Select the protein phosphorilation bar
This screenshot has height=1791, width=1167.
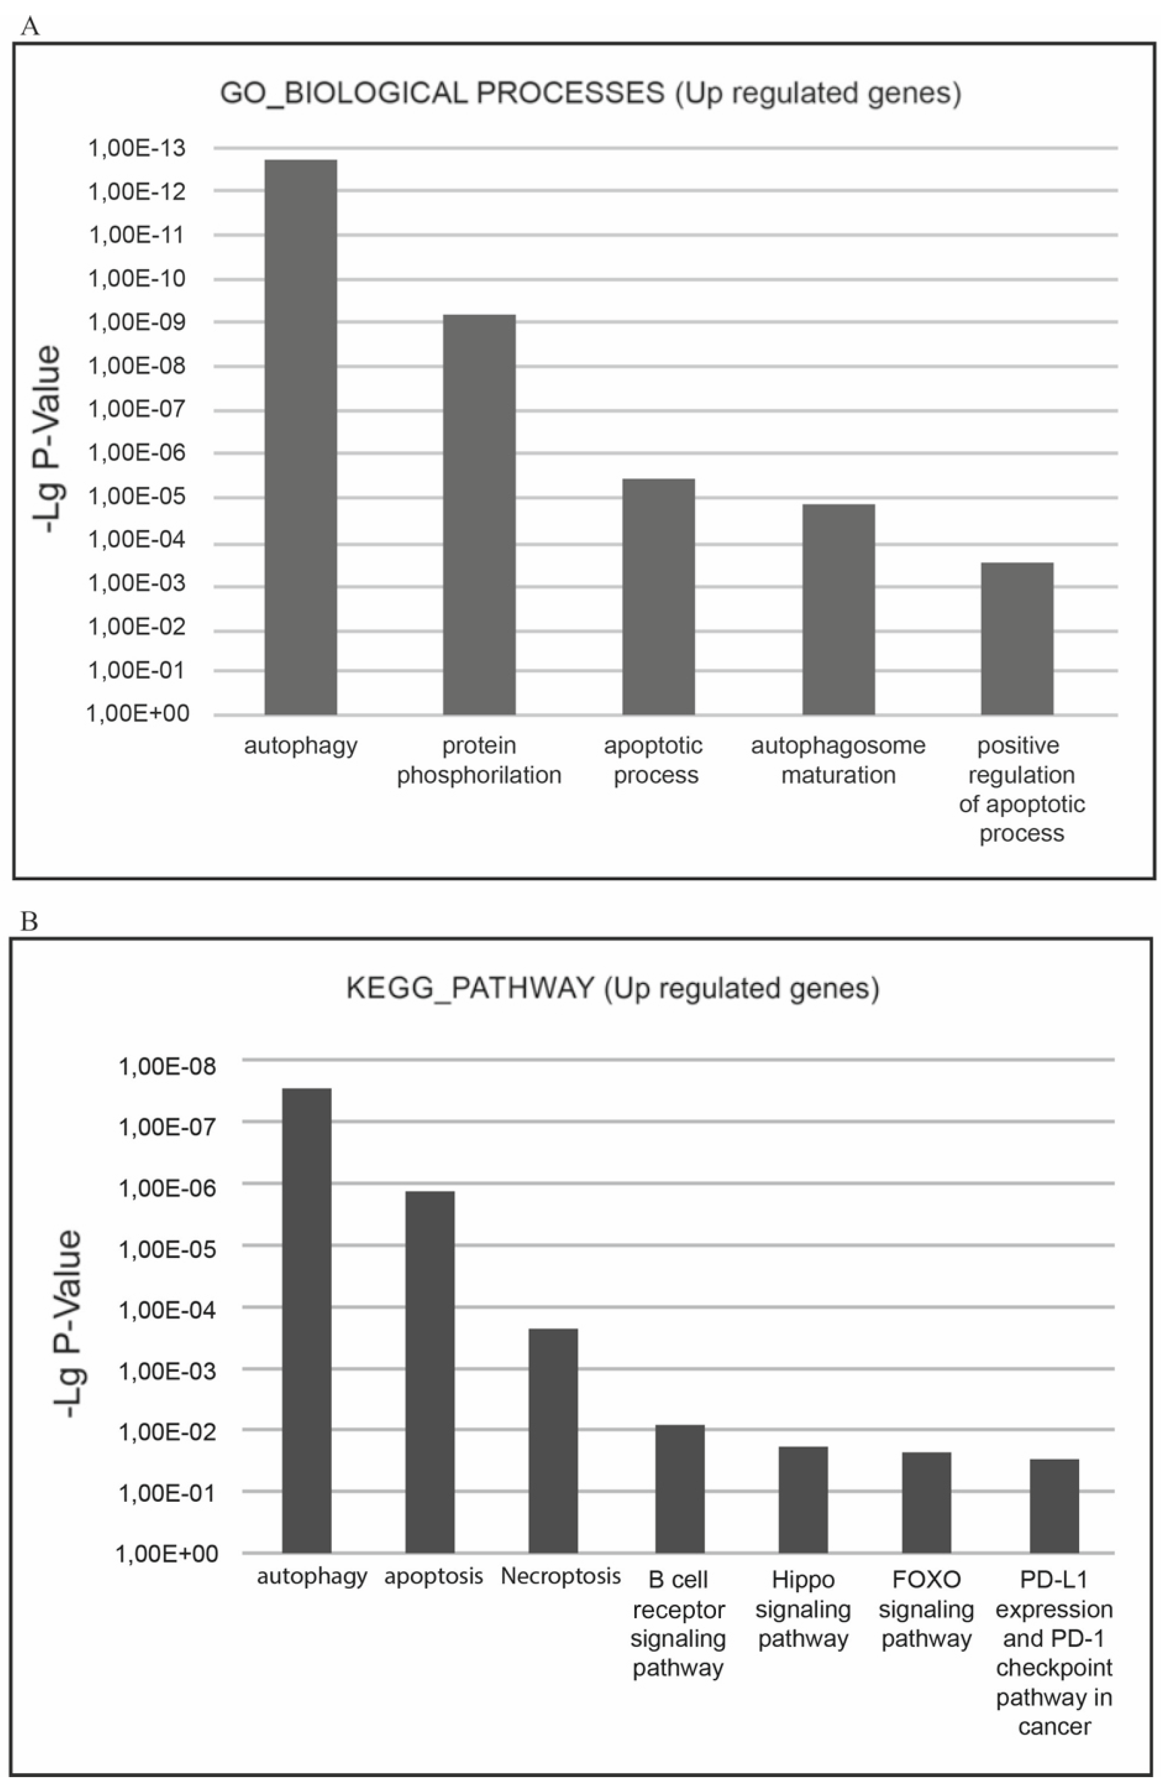(x=479, y=514)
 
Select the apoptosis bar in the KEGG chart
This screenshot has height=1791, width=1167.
(x=429, y=1372)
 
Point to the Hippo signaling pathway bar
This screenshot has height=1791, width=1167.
(x=803, y=1499)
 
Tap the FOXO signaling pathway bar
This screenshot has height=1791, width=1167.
(x=926, y=1502)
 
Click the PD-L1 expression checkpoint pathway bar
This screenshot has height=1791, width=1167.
(x=1053, y=1506)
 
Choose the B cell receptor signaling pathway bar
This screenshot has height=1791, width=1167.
(x=680, y=1488)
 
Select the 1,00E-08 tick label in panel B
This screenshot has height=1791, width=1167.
(x=167, y=1066)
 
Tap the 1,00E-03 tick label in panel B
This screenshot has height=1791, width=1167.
(x=167, y=1370)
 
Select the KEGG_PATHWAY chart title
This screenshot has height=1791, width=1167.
(x=612, y=987)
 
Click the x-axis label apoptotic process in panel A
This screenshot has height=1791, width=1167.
(x=654, y=760)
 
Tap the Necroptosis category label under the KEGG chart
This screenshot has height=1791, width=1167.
(x=560, y=1575)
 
